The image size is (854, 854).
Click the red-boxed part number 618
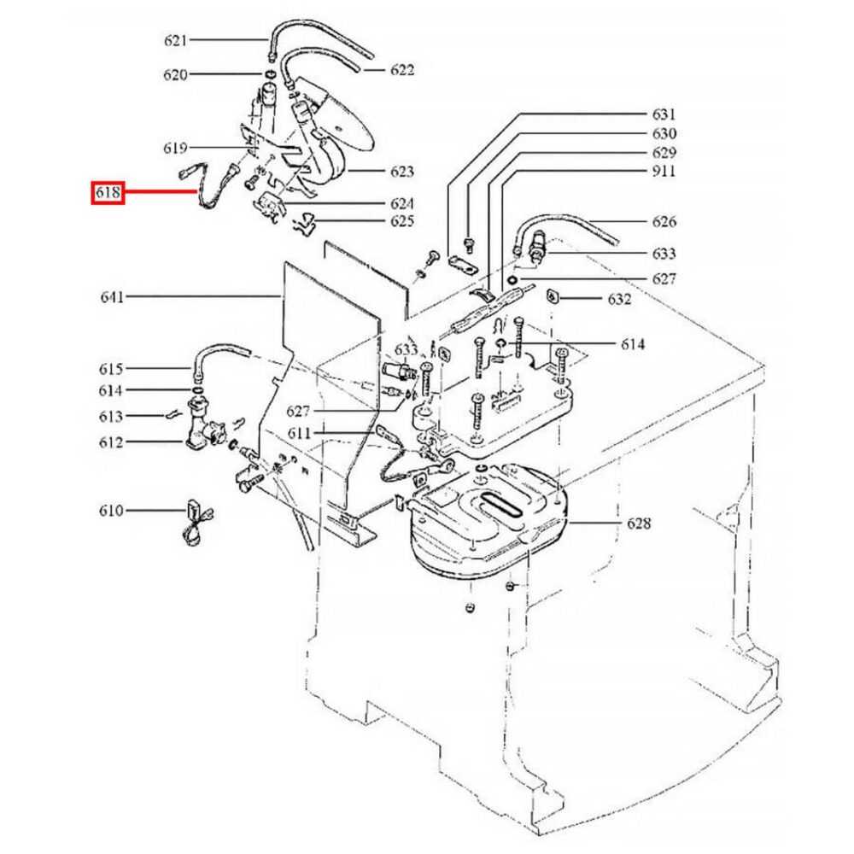pyautogui.click(x=108, y=194)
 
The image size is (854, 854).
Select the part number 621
pyautogui.click(x=175, y=40)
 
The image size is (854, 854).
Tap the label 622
pyautogui.click(x=402, y=70)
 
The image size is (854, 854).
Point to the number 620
pyautogui.click(x=175, y=75)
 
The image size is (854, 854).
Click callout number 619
pyautogui.click(x=175, y=148)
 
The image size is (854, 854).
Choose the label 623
pyautogui.click(x=402, y=172)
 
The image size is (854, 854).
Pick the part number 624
pyautogui.click(x=402, y=204)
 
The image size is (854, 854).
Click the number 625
pyautogui.click(x=402, y=222)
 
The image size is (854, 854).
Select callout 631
pyautogui.click(x=664, y=114)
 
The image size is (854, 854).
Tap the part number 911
pyautogui.click(x=664, y=172)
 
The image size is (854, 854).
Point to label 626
pyautogui.click(x=664, y=222)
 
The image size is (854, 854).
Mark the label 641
pyautogui.click(x=112, y=297)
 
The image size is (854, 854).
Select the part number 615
pyautogui.click(x=112, y=369)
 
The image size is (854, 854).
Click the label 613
pyautogui.click(x=112, y=416)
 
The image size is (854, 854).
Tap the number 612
pyautogui.click(x=112, y=442)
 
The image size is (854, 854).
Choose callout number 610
pyautogui.click(x=112, y=511)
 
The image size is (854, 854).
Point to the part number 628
pyautogui.click(x=638, y=523)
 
